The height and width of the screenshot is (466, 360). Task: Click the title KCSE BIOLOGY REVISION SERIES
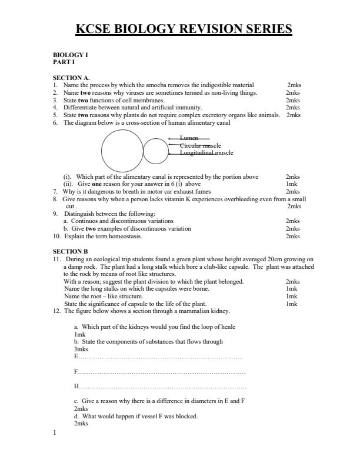(184, 29)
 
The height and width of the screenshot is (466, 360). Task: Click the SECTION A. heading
(71, 78)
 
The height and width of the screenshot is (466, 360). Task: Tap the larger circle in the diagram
(122, 149)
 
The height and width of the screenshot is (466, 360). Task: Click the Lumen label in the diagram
(189, 138)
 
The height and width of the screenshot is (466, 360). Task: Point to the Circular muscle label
(200, 145)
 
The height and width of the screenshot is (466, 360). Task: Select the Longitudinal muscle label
(206, 152)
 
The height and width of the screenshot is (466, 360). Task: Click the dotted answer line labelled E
(159, 357)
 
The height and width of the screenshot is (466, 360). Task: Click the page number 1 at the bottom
(55, 434)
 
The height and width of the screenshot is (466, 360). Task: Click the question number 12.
(57, 311)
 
